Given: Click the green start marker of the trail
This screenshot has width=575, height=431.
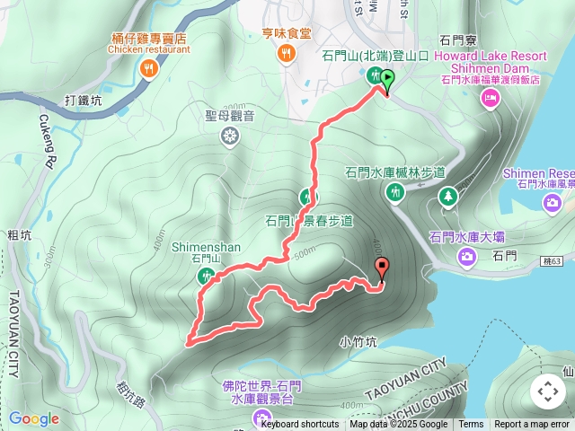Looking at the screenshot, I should [x=386, y=80].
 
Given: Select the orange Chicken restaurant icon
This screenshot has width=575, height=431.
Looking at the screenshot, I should [x=149, y=67].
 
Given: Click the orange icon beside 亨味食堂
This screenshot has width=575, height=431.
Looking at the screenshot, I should [x=286, y=55].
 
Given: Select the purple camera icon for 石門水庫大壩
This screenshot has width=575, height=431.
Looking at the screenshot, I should [x=467, y=258].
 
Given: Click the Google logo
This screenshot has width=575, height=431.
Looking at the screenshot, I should [x=33, y=418].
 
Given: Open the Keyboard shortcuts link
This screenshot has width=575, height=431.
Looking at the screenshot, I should [x=300, y=425].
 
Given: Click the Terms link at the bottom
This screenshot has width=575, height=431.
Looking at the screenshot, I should [x=471, y=425].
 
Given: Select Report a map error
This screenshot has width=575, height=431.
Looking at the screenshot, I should [x=532, y=425].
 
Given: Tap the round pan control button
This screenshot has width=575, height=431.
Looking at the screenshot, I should [x=548, y=391].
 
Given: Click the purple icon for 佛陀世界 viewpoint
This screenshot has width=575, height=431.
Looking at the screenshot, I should [x=261, y=416].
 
